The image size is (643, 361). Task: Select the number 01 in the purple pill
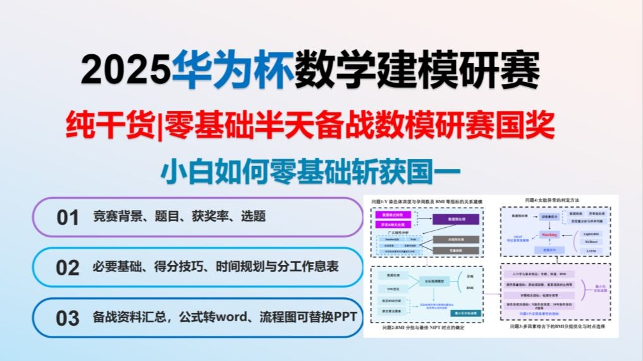(x=68, y=218)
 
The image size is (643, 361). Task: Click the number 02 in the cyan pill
(x=68, y=268)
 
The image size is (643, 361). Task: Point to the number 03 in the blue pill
(x=68, y=317)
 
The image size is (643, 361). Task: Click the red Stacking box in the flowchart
(x=549, y=234)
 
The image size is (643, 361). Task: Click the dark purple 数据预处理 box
(x=455, y=219)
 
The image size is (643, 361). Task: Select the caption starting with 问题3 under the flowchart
(x=554, y=327)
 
